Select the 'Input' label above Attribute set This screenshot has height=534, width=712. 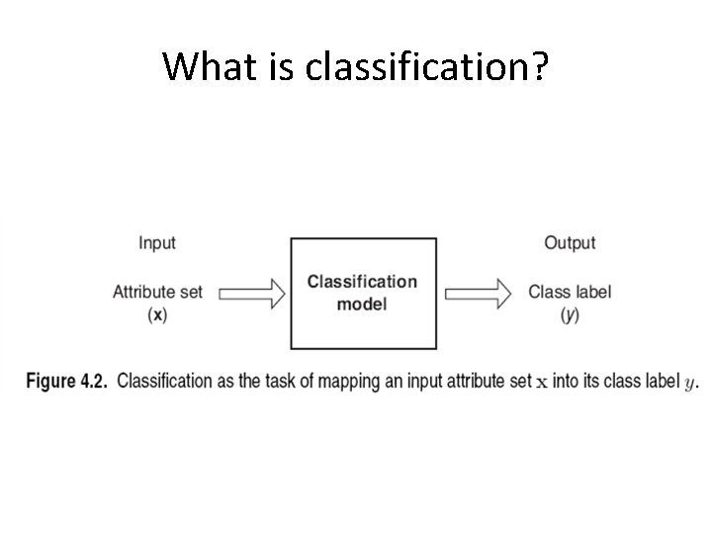point(157,242)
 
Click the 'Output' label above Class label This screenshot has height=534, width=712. point(570,242)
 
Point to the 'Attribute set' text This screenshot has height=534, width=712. point(157,292)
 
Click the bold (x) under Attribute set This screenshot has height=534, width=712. point(157,314)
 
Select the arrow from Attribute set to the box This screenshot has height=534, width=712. point(251,293)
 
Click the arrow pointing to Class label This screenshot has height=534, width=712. point(478,293)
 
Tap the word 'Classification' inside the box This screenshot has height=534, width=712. point(362,282)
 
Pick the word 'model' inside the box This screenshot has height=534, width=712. point(362,304)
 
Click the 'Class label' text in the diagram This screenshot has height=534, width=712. point(570,292)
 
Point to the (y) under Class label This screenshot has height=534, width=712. point(570,314)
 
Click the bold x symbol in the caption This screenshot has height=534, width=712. point(541,384)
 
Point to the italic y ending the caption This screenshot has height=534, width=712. point(690,384)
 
